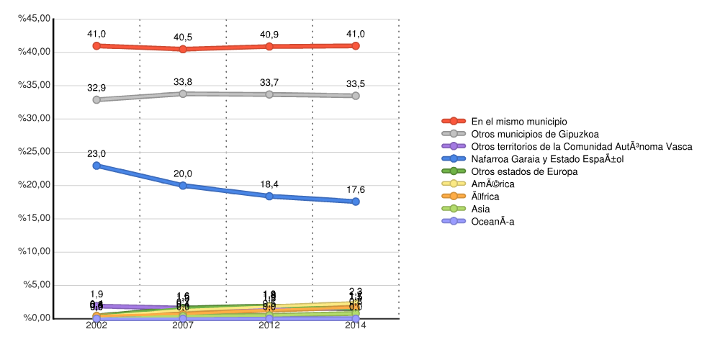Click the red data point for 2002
click(x=96, y=45)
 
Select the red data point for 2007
click(x=183, y=49)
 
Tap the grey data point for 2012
click(x=269, y=94)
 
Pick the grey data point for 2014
click(x=356, y=96)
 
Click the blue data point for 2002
click(x=96, y=166)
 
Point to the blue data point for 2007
click(x=183, y=185)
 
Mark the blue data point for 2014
click(x=356, y=202)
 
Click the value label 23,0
click(x=96, y=154)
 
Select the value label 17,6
click(x=356, y=190)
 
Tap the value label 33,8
click(x=183, y=82)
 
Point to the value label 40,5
click(x=183, y=37)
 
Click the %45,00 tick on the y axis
click(x=35, y=19)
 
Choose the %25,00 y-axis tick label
click(x=35, y=152)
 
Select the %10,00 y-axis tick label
click(x=35, y=251)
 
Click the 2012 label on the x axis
click(x=269, y=325)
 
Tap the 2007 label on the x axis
click(x=183, y=325)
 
